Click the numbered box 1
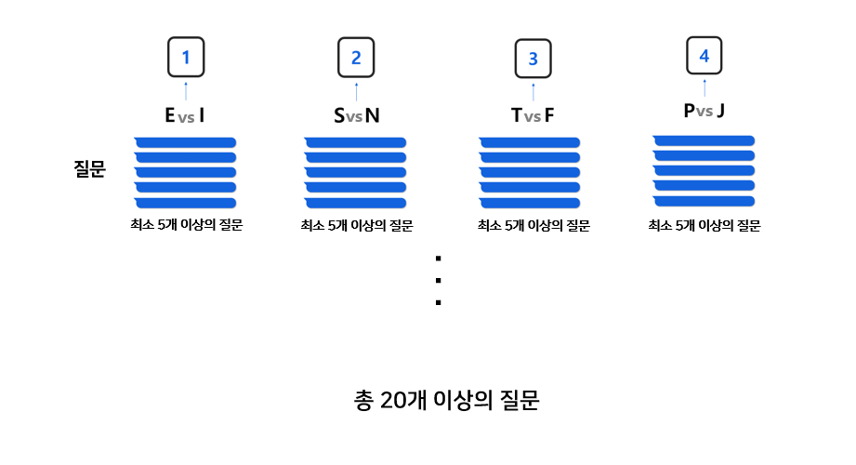tap(186, 58)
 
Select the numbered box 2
tap(356, 58)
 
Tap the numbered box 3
tap(533, 58)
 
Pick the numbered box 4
tap(704, 55)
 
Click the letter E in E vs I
tap(169, 115)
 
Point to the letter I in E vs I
tap(202, 115)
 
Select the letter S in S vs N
tap(339, 115)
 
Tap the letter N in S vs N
tap(372, 115)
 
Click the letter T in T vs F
tap(516, 115)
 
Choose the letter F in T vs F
tap(549, 115)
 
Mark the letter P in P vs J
tap(688, 112)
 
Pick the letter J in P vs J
tap(721, 112)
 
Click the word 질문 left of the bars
tap(90, 169)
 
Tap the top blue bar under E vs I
tap(185, 141)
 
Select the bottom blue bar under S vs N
tap(356, 203)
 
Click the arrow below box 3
tap(533, 91)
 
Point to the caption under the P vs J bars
tap(704, 224)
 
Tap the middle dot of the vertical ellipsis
tap(437, 280)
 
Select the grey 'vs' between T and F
tap(533, 117)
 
